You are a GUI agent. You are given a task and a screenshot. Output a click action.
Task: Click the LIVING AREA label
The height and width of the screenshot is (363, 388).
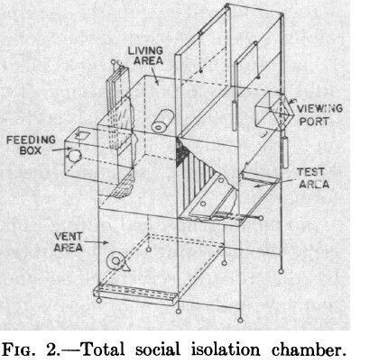145,55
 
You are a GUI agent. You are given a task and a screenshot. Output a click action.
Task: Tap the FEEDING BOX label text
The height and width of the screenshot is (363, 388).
31,145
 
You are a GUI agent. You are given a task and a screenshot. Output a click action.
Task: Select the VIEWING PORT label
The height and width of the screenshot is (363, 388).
319,114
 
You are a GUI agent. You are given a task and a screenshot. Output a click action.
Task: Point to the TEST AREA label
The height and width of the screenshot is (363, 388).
313,178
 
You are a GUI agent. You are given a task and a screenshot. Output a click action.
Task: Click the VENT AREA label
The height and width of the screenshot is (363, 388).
68,242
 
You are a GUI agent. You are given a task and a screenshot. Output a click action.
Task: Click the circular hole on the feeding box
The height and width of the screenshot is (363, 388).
74,156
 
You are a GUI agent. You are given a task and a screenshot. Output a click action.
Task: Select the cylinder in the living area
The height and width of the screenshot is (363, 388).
162,121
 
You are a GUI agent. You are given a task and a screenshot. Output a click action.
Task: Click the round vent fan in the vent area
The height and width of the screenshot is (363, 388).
116,260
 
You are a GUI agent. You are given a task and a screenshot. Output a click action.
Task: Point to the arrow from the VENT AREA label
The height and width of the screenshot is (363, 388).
96,242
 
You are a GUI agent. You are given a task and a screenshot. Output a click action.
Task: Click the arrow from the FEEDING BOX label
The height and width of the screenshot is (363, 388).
62,149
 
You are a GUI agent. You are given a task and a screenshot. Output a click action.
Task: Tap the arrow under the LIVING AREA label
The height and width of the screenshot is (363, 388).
154,75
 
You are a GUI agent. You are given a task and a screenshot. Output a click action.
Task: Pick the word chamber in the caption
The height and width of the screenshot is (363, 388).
309,349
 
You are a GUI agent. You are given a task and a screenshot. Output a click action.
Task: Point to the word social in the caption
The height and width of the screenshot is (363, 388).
158,349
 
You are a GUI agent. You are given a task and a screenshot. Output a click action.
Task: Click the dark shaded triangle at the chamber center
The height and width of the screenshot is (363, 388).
181,152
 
